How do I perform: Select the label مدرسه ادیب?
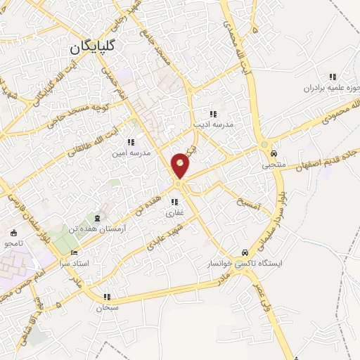[213, 124]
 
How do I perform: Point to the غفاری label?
[174, 212]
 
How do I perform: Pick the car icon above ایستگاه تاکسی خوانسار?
[244, 252]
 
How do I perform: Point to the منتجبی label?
[274, 166]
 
